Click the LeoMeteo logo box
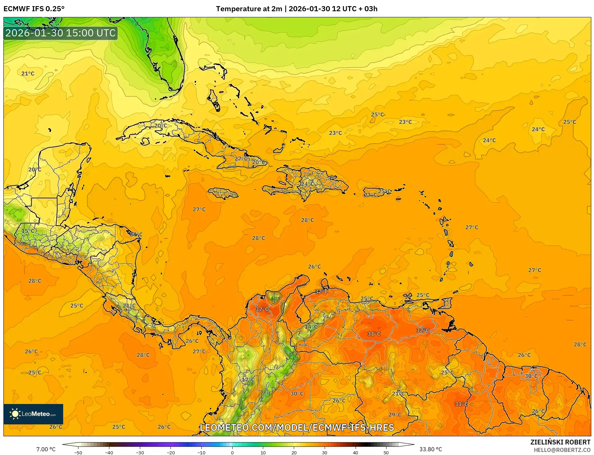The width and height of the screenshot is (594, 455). click(x=33, y=414)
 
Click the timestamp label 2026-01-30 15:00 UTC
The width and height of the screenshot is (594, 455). click(x=60, y=33)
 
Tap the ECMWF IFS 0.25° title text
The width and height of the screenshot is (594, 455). click(x=34, y=9)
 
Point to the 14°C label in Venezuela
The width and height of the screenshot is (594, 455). click(x=311, y=327)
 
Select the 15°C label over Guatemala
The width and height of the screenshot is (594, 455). click(x=28, y=231)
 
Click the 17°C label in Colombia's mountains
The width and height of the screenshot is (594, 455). click(x=248, y=380)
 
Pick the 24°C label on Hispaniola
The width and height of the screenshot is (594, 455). click(x=307, y=184)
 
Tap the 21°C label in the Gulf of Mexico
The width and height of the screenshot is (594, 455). click(x=28, y=73)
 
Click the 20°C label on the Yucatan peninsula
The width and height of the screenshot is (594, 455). click(x=34, y=169)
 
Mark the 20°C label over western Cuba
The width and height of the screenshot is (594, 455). click(x=160, y=125)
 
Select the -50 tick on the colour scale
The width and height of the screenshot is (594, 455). click(x=78, y=452)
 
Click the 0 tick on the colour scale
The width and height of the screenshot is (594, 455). click(x=232, y=452)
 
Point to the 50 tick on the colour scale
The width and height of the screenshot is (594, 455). click(x=386, y=452)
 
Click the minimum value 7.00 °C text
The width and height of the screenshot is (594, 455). click(x=46, y=449)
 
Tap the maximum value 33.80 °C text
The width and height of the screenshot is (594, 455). click(x=431, y=449)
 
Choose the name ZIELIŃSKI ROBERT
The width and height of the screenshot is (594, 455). click(x=560, y=442)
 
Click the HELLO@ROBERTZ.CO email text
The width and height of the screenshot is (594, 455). click(x=562, y=450)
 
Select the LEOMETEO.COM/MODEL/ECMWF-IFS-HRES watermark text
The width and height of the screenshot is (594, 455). click(x=297, y=427)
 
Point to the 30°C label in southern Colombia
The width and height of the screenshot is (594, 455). click(x=297, y=393)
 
